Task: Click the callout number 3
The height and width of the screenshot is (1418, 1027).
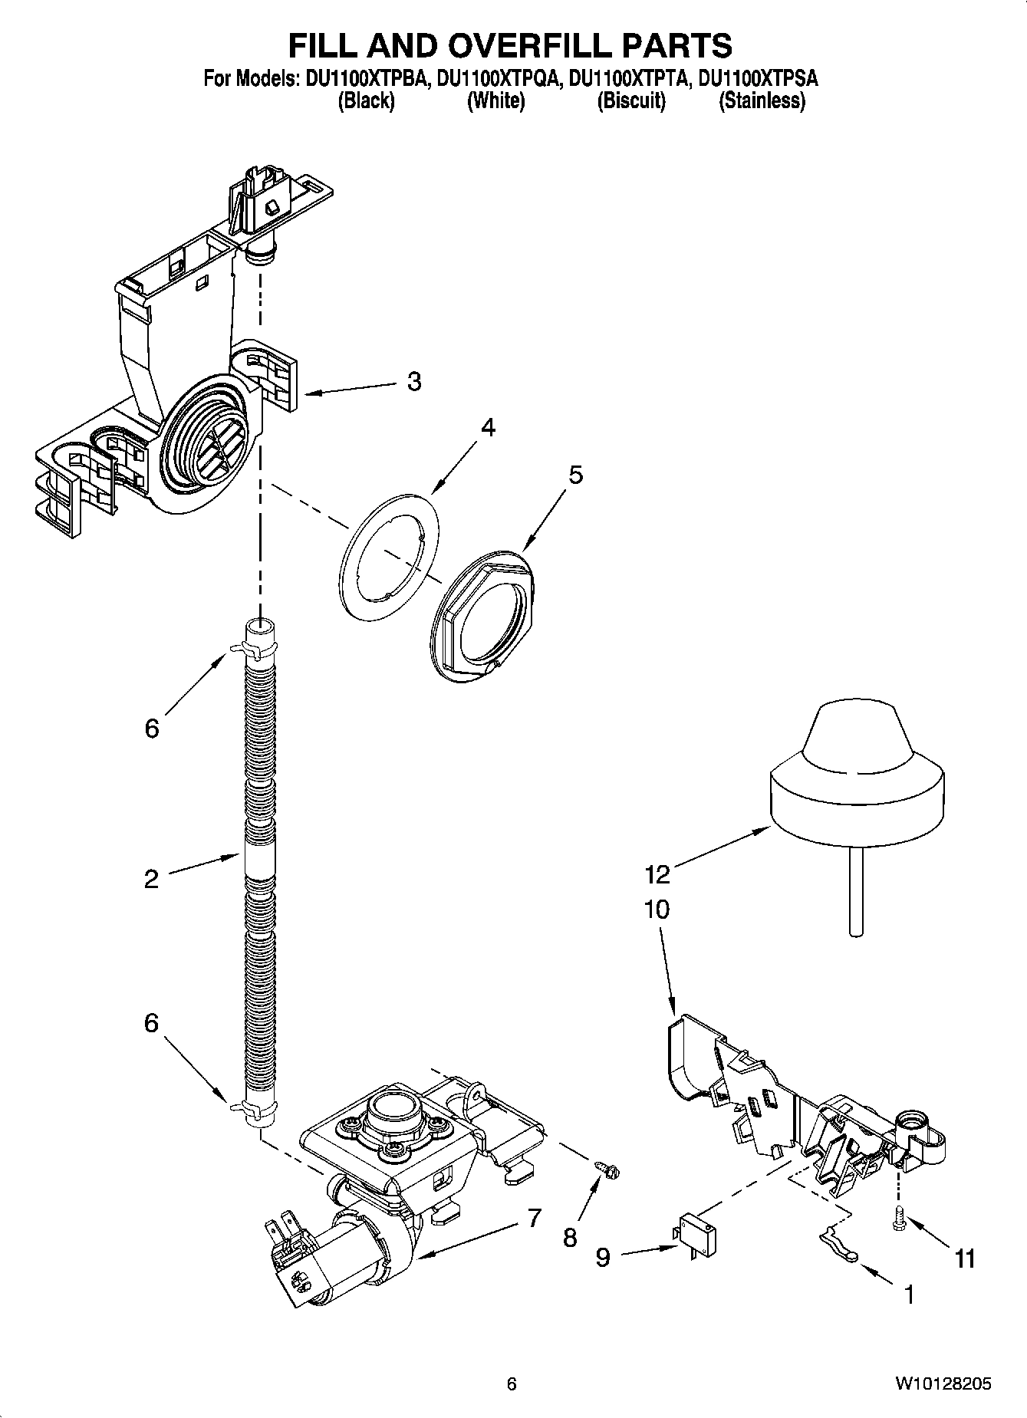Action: click(x=414, y=381)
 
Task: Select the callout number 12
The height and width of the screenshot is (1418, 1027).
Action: click(x=657, y=874)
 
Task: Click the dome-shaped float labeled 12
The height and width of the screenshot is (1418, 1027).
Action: click(x=857, y=782)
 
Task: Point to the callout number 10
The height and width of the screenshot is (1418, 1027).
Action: click(x=657, y=910)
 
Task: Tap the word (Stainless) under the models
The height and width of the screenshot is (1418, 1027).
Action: click(x=762, y=100)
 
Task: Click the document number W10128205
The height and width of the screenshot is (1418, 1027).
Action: click(x=943, y=1383)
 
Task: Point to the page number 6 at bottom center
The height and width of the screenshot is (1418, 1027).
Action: click(x=512, y=1383)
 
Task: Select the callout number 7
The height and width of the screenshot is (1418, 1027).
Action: click(x=534, y=1217)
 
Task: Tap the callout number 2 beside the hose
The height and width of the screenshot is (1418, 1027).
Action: click(x=151, y=878)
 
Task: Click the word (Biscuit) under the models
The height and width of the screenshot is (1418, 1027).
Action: click(x=631, y=100)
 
